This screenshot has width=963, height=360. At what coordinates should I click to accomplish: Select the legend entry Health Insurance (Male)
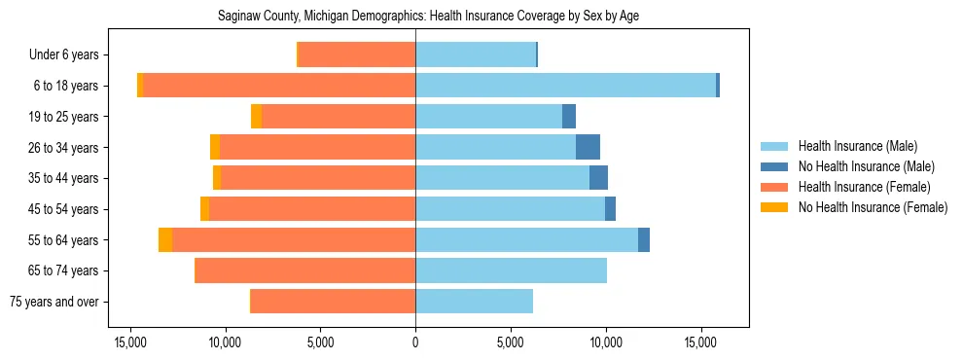[x=856, y=146]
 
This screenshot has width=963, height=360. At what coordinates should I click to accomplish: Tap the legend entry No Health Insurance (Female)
[x=873, y=207]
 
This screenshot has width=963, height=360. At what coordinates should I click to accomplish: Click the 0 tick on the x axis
[x=415, y=343]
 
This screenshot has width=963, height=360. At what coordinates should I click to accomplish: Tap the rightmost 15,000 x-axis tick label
[x=700, y=343]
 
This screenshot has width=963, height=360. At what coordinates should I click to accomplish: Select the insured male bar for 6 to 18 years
[x=565, y=86]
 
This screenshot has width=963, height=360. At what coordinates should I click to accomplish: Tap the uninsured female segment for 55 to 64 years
[x=165, y=240]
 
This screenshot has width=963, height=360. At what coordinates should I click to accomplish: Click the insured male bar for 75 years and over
[x=474, y=302]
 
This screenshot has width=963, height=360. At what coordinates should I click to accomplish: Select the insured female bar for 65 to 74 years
[x=305, y=270]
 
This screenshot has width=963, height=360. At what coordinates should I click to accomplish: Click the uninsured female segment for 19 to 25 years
[x=256, y=117]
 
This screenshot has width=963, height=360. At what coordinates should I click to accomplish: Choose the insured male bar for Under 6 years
[x=476, y=55]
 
